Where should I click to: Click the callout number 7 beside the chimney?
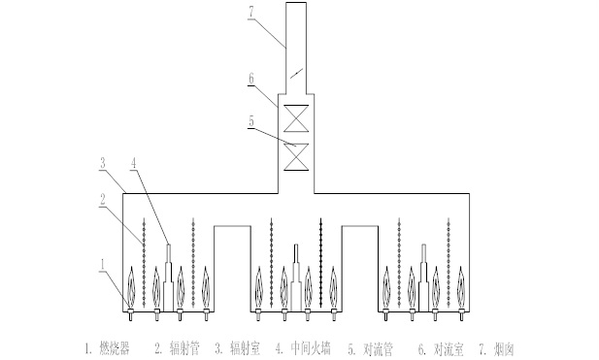point(251,12)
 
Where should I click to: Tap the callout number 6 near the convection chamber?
point(251,79)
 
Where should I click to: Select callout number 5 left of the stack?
point(251,121)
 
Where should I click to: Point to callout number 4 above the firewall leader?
point(133,163)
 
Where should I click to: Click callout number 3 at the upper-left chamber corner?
point(102,163)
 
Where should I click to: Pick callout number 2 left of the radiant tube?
point(102,199)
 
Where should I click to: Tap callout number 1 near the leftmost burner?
point(102,265)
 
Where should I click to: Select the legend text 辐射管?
point(184,348)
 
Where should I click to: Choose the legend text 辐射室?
point(245,348)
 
